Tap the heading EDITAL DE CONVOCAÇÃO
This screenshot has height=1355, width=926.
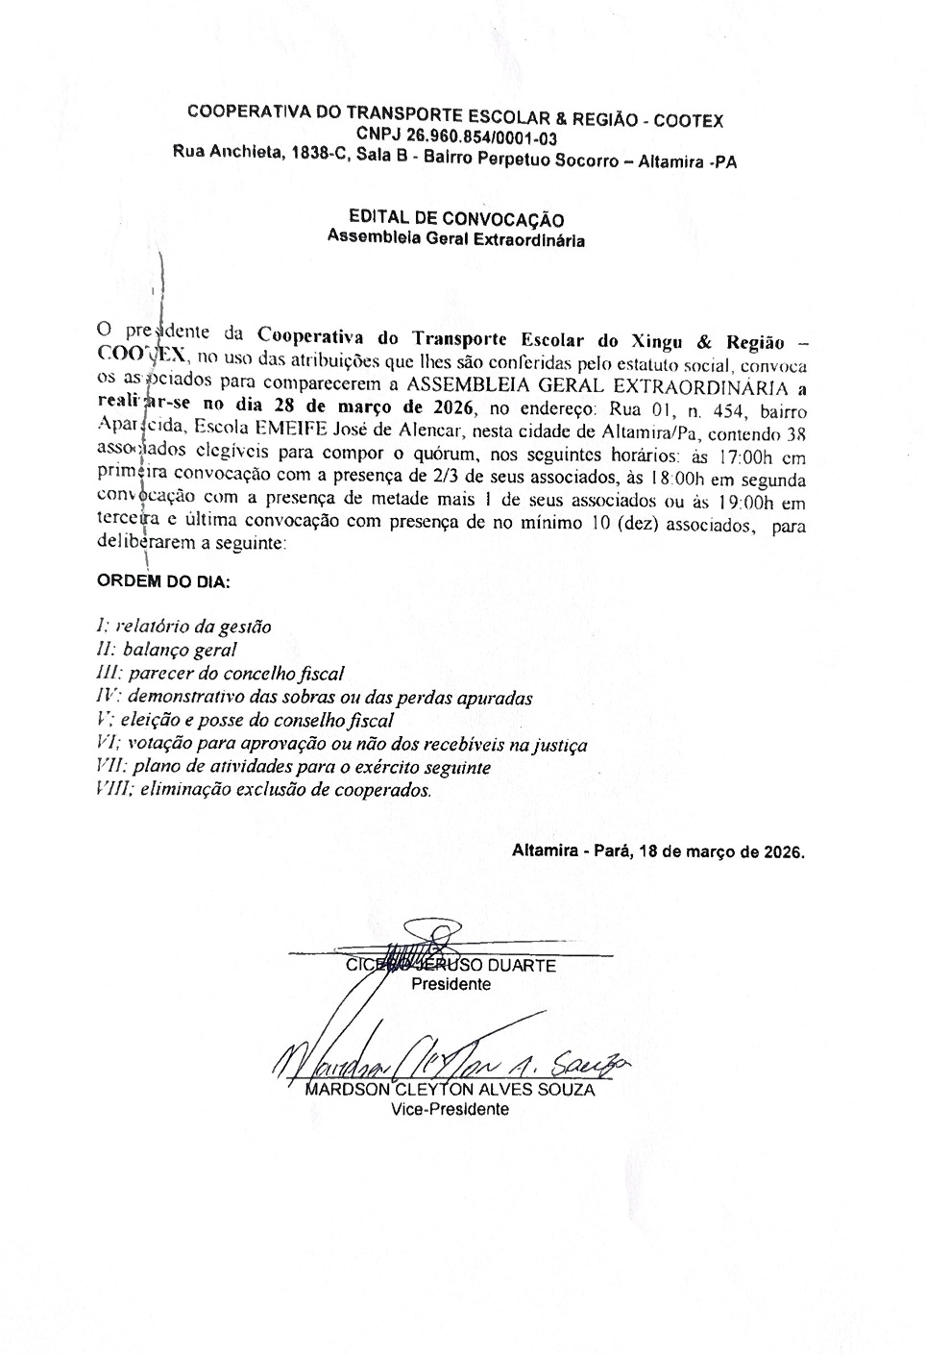[456, 220]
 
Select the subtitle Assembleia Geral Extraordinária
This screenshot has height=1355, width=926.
[456, 239]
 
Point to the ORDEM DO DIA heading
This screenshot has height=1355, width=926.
[164, 581]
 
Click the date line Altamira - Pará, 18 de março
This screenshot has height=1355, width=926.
[658, 851]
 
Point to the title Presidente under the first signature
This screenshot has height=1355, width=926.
[451, 984]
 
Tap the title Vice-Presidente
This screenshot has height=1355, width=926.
[450, 1108]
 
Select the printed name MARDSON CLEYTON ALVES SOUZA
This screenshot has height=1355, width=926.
[450, 1090]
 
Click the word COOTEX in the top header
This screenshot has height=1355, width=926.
[690, 121]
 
